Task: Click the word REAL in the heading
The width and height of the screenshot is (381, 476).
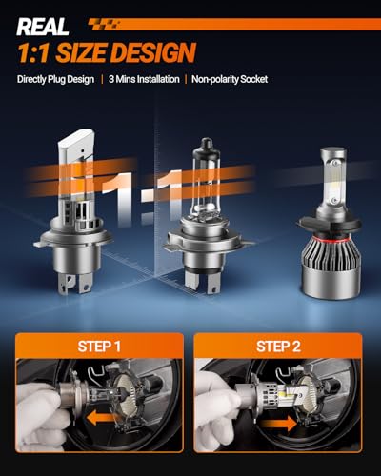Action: coord(43,27)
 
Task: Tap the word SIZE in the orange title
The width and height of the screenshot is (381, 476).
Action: coord(82,52)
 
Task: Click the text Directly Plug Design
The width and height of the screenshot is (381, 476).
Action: coord(55,79)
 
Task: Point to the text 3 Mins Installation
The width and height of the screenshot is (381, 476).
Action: coord(144,79)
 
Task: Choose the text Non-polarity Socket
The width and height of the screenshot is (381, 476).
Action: coord(230,79)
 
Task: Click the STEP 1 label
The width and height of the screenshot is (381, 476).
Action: coord(99,347)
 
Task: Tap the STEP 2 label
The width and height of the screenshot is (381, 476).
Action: coord(278,347)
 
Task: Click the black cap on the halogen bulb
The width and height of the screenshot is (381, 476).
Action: coord(207,145)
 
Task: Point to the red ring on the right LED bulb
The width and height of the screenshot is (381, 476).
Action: coord(329,238)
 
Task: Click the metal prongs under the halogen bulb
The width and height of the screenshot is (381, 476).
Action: coord(202,283)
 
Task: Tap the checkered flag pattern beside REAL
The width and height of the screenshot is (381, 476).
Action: coord(104,25)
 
